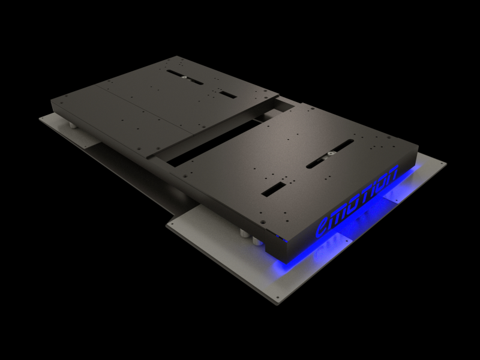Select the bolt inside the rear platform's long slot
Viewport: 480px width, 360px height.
pyautogui.click(x=183, y=76)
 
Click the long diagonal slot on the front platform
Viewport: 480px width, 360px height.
pyautogui.click(x=329, y=153)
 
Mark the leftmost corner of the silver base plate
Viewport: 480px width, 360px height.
pyautogui.click(x=40, y=118)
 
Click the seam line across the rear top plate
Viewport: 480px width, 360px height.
pyautogui.click(x=144, y=109)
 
